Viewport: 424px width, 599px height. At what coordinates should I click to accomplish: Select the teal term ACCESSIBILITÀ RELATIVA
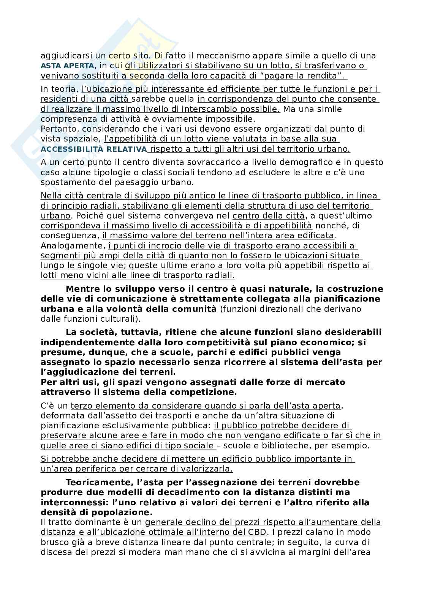(x=93, y=149)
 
